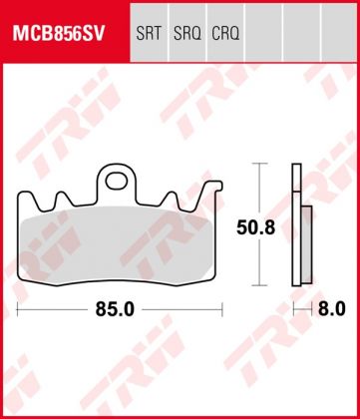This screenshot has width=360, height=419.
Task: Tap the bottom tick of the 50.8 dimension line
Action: [260, 288]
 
